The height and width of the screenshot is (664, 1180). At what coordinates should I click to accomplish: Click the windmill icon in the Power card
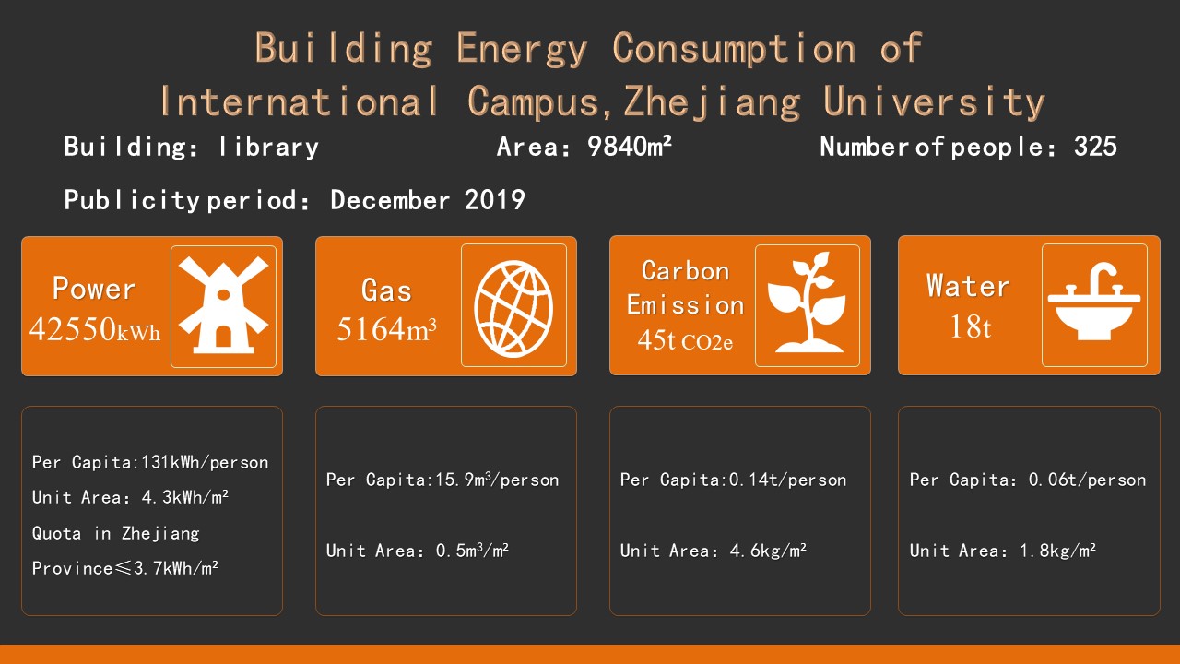pos(223,305)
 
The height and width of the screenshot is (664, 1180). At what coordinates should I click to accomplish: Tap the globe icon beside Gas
pos(513,309)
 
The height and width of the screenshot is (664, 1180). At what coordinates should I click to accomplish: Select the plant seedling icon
pos(807,302)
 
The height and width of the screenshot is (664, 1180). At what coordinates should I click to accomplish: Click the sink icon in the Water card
pos(1094,301)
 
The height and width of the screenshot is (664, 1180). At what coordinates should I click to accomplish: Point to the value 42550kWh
pos(95,329)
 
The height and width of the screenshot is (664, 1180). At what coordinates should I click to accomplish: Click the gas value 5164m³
pos(386,329)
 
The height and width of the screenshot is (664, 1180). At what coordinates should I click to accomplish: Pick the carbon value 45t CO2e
pos(685,340)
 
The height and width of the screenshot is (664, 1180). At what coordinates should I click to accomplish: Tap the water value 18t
pos(971,326)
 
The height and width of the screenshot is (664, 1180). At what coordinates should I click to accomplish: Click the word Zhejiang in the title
pos(713,101)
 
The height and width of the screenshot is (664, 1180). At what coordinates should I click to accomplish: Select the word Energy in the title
pos(522,49)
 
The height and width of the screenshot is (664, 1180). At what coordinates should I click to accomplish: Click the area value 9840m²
pos(630,147)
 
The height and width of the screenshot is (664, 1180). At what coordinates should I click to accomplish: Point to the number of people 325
pos(1096,147)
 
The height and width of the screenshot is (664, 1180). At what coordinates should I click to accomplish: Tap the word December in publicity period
pos(390,200)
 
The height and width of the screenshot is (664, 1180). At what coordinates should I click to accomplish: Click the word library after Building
pos(268,147)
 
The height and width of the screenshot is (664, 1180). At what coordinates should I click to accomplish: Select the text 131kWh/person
pos(205,463)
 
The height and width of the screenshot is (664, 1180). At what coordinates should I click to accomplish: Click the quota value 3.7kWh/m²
pos(176,568)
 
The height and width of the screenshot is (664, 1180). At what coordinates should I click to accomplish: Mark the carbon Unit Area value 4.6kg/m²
pos(768,551)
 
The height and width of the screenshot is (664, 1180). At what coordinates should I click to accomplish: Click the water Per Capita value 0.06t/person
pos(1087,480)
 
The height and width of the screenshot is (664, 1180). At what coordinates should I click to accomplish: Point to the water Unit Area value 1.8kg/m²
pos(1057,551)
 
